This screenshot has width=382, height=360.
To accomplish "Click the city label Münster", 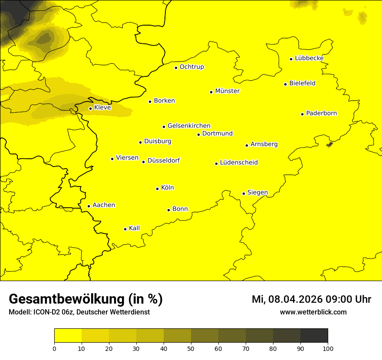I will pos(227,91).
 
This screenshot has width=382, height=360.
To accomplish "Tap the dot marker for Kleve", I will pos(90,108).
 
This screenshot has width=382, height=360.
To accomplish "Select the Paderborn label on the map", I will pos(321,113).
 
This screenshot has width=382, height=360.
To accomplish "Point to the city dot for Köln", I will pos(157,189).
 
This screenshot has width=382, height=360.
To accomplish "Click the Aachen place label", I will pos(103,205).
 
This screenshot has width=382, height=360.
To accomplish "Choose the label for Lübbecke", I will pos(309,58).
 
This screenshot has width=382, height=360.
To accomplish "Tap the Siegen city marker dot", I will pos(244,193).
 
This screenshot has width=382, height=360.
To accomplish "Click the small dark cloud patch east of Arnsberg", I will pos(329,144).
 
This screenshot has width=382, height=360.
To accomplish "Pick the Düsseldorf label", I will pos(163,160).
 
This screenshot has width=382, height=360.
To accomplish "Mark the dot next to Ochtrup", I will pos(176,67).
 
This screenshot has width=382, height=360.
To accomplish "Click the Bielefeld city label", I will pos(302,83).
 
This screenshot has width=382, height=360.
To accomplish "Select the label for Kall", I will pos(134,228).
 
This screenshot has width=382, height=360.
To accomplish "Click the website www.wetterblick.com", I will pos(313,312).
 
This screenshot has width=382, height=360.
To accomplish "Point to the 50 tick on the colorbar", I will pos(191,348).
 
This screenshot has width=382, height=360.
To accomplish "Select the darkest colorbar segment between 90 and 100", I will pos(314,336).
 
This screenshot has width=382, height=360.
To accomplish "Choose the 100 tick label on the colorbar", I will pos(328,348).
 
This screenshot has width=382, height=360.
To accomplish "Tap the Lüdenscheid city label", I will pos(239,163).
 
